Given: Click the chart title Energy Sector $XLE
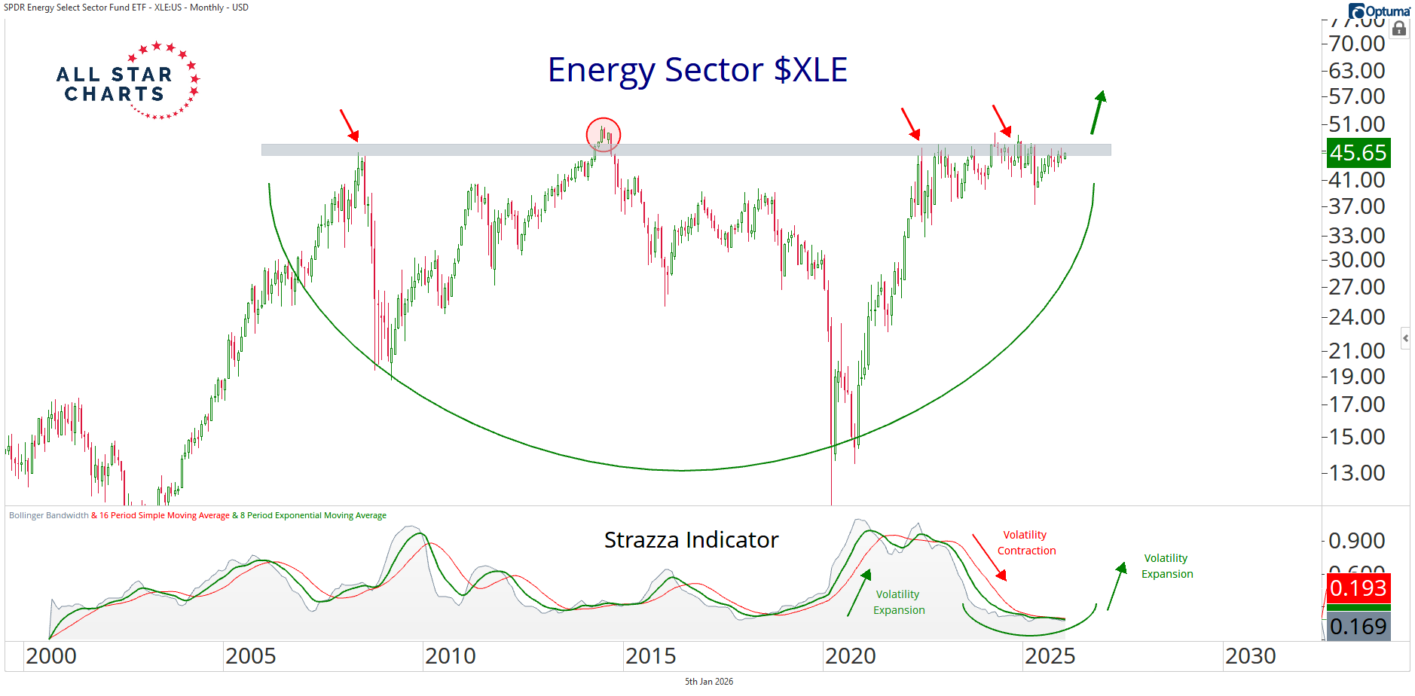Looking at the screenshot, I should (697, 70).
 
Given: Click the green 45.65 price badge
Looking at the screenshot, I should (1358, 153).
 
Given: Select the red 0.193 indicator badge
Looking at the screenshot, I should (1358, 588).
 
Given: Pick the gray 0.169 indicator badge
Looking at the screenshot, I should (1358, 627).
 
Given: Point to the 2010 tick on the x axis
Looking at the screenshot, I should (450, 657).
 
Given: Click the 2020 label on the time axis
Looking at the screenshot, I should (850, 657).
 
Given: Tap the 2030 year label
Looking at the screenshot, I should (1250, 657).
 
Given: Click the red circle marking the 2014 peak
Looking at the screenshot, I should (604, 135).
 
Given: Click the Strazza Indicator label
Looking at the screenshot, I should (691, 540).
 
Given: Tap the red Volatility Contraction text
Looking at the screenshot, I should (1026, 543).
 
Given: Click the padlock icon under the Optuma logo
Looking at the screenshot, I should (1399, 29).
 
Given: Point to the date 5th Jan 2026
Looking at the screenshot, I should (708, 682).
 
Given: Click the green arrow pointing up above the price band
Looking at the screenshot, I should (1099, 111).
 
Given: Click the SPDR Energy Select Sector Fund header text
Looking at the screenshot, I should (126, 8).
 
